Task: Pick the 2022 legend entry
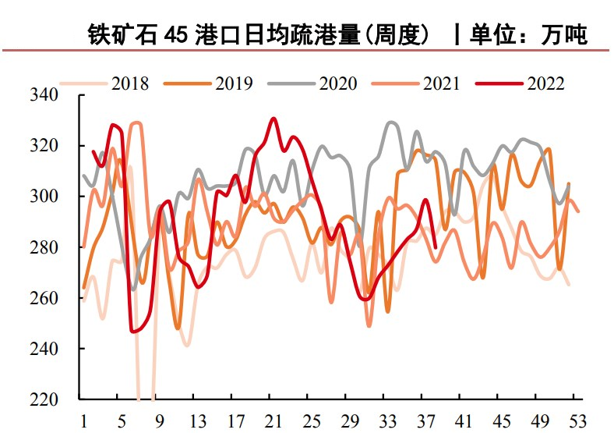pos(545,83)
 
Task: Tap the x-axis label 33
pos(387,420)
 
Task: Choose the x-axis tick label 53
pos(578,420)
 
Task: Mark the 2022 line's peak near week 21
pos(273,119)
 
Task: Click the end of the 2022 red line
pos(435,247)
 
